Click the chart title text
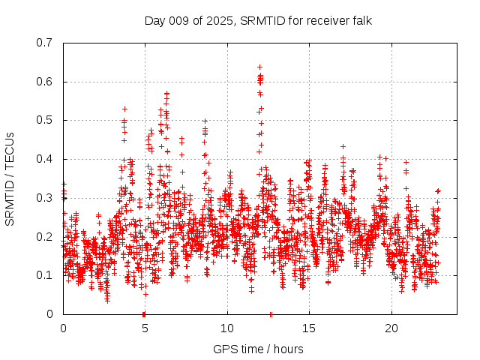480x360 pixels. tap(258, 20)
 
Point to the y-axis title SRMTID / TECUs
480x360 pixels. tap(10, 178)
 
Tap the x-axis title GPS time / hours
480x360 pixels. tap(258, 349)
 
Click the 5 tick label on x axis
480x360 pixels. tap(145, 328)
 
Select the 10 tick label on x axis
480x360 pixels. tap(227, 328)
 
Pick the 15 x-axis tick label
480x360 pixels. tap(309, 328)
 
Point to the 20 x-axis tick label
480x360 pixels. tap(391, 328)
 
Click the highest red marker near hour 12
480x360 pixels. tap(259, 67)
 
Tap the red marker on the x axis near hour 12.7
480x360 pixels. tap(271, 313)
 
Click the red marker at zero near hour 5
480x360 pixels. tap(144, 313)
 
